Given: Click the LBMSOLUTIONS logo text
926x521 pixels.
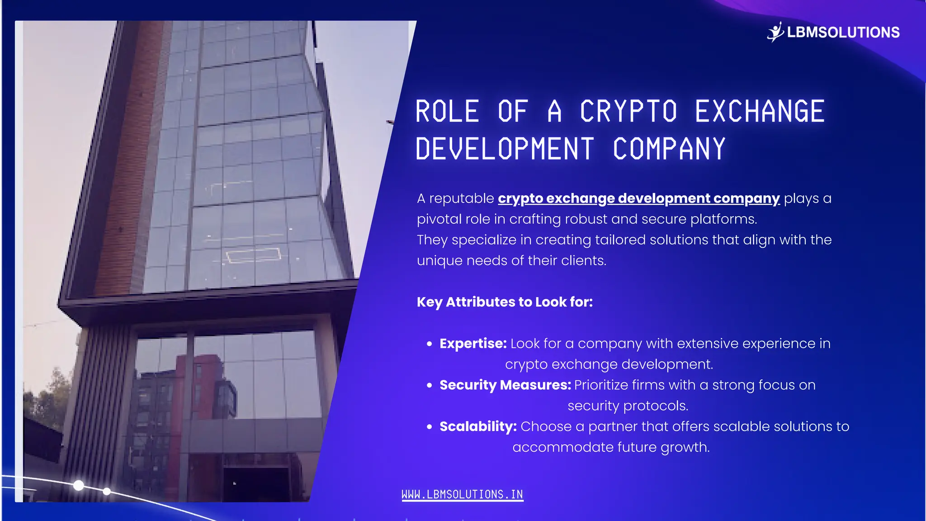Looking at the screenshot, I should (843, 33).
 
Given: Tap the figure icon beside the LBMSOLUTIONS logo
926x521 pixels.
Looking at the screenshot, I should (775, 32).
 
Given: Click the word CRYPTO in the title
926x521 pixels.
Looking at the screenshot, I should (628, 112).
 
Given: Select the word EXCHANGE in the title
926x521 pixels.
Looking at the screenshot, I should (760, 112).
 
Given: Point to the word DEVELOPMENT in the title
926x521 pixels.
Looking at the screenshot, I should (505, 149).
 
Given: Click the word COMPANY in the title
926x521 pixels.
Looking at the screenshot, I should (669, 149).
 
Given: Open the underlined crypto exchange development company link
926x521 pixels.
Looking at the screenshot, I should (638, 199).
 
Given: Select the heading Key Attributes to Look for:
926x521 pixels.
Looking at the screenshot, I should (505, 302).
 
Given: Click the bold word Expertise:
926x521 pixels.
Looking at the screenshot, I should (473, 344).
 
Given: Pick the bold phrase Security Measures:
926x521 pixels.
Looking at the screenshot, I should (505, 385).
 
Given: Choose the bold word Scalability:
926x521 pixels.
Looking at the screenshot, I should (478, 426).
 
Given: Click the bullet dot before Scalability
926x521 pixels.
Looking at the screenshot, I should (430, 426).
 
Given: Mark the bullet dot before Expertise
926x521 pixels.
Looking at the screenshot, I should (430, 344).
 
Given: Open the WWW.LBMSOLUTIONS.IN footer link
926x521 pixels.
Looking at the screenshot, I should (462, 495).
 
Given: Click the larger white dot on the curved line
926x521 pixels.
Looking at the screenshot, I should (79, 486).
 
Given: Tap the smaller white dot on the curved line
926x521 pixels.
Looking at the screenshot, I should (107, 491).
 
